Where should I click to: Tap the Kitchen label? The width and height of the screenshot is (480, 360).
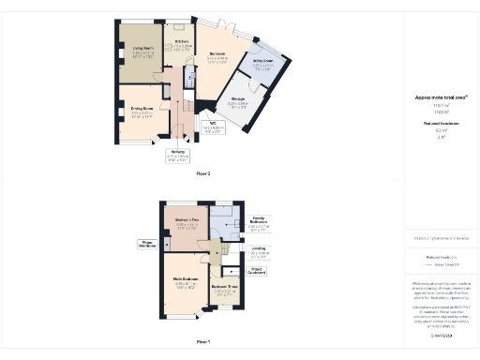(183, 42)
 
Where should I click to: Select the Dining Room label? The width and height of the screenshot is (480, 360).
(142, 109)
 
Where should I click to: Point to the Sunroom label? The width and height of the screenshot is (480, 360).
(218, 54)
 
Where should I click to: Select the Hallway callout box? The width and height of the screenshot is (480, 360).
(177, 155)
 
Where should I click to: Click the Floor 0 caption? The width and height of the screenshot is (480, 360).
(203, 173)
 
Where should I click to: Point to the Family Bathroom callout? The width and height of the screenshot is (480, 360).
(259, 221)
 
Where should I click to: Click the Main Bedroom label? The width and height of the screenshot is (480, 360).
(185, 279)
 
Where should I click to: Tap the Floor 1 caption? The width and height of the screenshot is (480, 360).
(203, 341)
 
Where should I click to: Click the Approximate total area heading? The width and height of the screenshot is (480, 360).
(441, 97)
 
